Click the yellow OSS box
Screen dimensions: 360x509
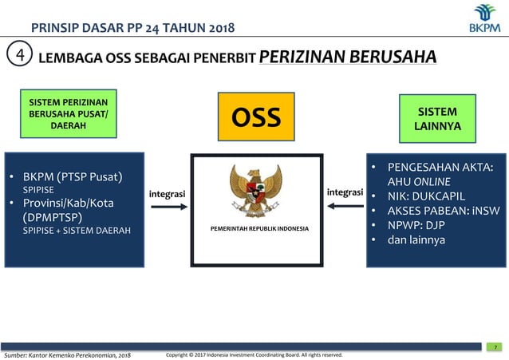(256, 117)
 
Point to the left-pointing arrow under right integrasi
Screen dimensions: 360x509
(345, 207)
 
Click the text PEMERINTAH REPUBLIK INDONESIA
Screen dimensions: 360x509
(259, 229)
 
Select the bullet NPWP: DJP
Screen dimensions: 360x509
(421, 225)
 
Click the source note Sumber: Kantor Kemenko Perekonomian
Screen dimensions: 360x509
(67, 354)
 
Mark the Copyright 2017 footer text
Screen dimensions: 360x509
(254, 354)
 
